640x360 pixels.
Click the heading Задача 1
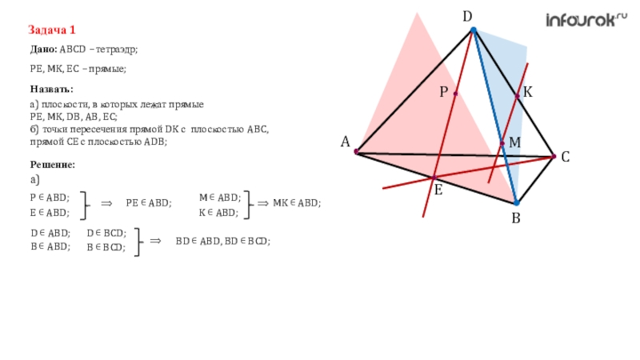[x=52, y=30]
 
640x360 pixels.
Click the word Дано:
[x=44, y=50]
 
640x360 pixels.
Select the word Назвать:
[x=52, y=89]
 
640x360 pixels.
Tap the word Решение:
[x=53, y=164]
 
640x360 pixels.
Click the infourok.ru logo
[x=586, y=20]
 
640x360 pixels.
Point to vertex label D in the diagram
[x=467, y=16]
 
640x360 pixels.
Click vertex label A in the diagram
[x=346, y=142]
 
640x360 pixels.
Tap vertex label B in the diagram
[x=516, y=218]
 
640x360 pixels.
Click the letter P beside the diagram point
[x=443, y=93]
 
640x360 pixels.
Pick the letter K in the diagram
[x=528, y=94]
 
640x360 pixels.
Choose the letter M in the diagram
[x=514, y=142]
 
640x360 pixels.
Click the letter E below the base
[x=438, y=190]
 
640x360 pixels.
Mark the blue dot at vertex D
[x=473, y=30]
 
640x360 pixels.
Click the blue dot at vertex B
[x=516, y=203]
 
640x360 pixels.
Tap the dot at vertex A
[x=357, y=151]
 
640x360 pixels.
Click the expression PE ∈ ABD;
[x=149, y=203]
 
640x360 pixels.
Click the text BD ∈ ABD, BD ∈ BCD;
[x=222, y=240]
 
